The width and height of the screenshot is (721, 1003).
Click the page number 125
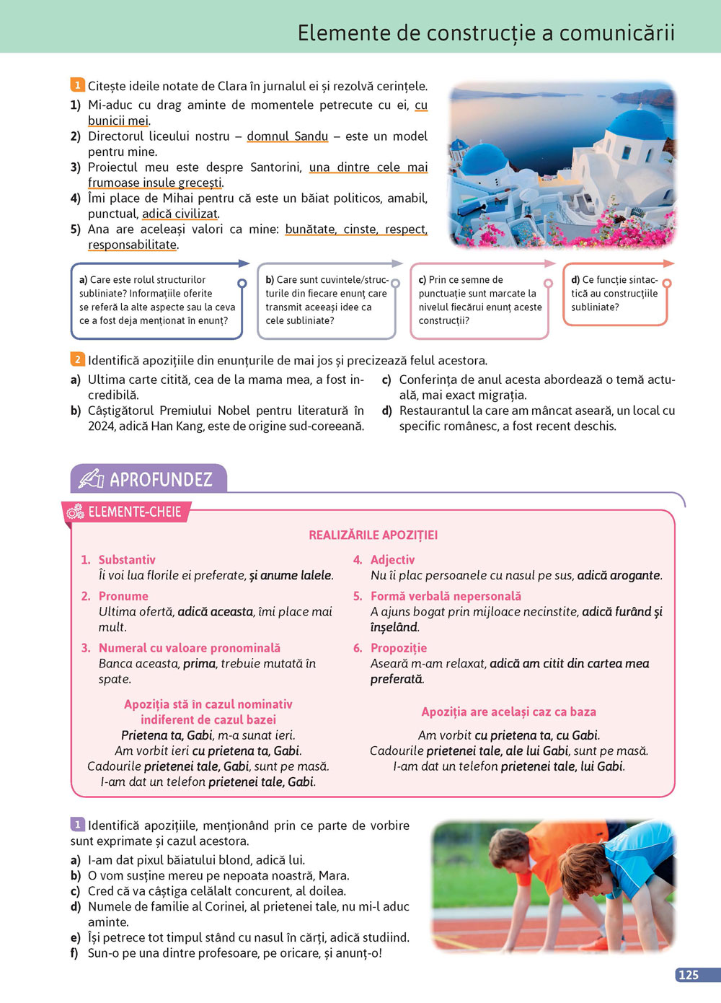tap(689, 975)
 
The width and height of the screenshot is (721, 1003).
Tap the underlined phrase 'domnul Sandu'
tap(287, 136)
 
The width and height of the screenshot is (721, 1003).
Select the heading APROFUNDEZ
tap(161, 480)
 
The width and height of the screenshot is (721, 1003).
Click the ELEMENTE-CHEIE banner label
tap(134, 512)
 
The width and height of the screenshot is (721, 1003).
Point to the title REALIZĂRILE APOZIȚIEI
tap(373, 535)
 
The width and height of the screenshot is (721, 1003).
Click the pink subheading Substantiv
tap(127, 560)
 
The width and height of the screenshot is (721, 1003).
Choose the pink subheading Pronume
tap(123, 596)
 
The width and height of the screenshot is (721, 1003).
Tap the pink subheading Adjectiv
tap(392, 560)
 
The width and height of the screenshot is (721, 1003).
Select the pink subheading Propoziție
tap(399, 648)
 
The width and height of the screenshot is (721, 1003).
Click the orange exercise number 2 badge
tap(77, 359)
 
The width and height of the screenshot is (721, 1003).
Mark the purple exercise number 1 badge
tap(77, 824)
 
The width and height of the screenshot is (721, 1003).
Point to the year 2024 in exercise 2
tap(102, 426)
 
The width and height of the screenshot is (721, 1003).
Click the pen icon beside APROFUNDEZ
tap(91, 479)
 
